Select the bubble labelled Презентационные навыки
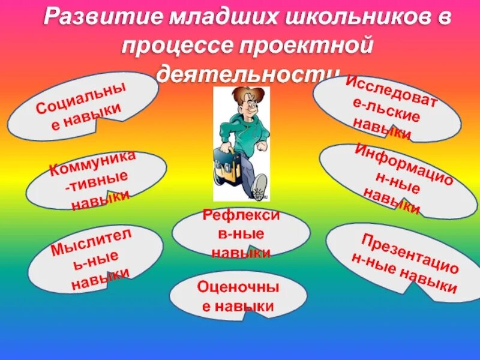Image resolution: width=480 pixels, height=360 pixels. [403, 262]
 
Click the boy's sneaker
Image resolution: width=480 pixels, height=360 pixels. [260, 187]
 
